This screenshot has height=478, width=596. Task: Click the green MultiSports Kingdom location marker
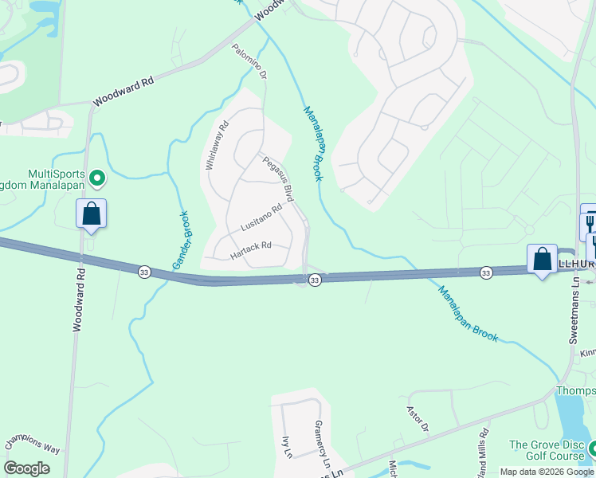97,177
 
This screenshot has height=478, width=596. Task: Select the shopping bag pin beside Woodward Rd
92,214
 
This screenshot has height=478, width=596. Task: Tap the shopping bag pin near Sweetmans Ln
542,260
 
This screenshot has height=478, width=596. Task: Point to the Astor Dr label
418,419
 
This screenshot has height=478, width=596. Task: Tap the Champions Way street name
33,445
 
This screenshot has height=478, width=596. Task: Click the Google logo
26,468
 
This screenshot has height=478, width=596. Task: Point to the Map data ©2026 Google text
546,472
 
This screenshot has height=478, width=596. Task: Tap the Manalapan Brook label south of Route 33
468,314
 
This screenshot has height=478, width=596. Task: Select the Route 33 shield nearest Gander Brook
143,272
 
